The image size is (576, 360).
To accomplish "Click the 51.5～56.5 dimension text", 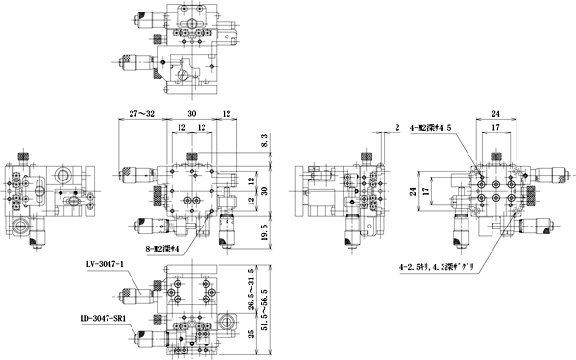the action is (277, 303).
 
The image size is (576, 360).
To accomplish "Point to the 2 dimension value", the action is (396, 127).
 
